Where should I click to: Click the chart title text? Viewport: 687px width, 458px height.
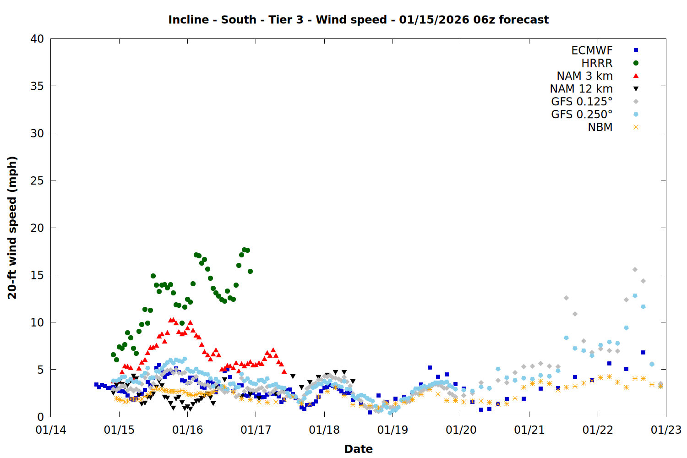click(358, 20)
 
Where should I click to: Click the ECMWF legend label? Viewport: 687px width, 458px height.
click(592, 50)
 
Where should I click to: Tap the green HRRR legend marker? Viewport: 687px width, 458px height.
click(636, 63)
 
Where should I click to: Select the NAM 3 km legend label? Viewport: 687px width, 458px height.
click(584, 76)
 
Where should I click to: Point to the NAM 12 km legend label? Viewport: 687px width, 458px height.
click(581, 89)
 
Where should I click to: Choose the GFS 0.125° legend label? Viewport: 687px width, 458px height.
click(582, 102)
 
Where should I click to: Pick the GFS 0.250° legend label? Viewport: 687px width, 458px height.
click(582, 114)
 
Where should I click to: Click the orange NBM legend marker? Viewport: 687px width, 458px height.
click(636, 127)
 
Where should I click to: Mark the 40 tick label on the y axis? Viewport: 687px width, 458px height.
click(37, 39)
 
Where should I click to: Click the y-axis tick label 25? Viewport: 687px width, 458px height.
click(37, 180)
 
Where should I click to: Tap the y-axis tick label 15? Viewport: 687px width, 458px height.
click(37, 275)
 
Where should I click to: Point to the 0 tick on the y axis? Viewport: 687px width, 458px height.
click(41, 417)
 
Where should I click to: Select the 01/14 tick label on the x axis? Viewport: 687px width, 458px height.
click(51, 430)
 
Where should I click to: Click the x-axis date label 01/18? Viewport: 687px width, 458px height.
click(324, 430)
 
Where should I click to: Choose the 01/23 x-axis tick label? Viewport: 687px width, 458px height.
click(666, 430)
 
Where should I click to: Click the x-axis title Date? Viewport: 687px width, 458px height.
click(358, 449)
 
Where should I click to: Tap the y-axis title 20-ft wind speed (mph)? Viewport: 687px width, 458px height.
click(12, 228)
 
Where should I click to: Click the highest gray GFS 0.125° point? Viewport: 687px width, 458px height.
click(635, 270)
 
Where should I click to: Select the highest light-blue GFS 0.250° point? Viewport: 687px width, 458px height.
click(635, 296)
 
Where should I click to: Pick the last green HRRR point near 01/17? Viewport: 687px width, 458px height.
click(250, 272)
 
